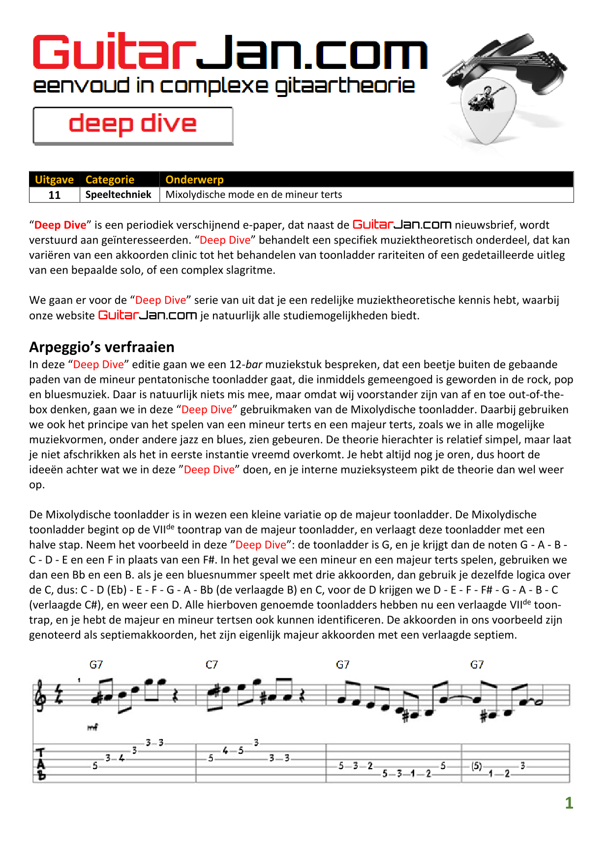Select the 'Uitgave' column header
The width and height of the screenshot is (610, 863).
[x=54, y=180]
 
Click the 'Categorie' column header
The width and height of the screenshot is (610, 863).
[x=110, y=180]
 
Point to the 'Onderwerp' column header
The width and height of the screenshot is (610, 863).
[x=194, y=180]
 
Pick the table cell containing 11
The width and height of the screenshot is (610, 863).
[x=54, y=195]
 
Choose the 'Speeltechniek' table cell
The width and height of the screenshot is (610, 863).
[x=119, y=194]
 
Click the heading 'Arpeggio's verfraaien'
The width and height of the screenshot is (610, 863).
[x=102, y=347]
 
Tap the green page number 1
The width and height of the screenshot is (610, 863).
[x=569, y=803]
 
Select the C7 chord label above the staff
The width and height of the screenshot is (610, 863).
[x=212, y=665]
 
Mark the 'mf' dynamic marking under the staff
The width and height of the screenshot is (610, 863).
[x=92, y=727]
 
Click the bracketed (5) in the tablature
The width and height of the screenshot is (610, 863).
[x=476, y=766]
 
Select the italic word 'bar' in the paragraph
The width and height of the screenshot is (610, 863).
[x=254, y=365]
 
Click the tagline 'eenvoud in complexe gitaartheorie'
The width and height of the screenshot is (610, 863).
[x=224, y=86]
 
